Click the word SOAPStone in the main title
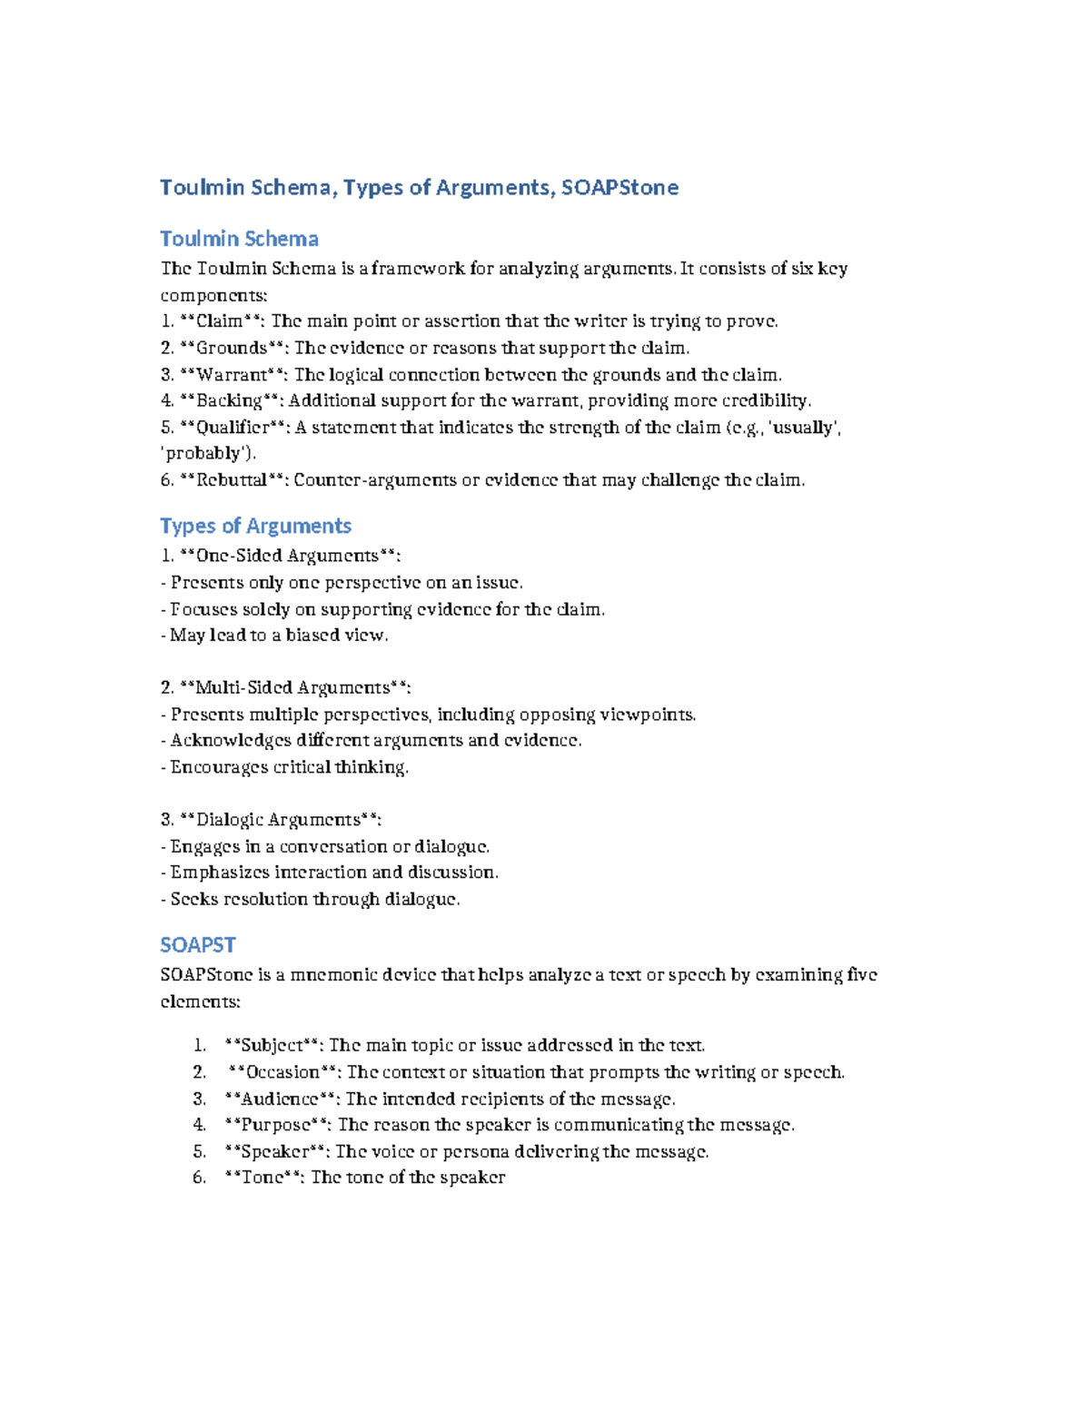point(619,188)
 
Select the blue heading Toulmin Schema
point(239,239)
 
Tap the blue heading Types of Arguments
point(255,526)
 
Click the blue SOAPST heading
point(197,945)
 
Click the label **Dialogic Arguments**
point(278,820)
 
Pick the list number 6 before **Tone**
point(199,1178)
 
